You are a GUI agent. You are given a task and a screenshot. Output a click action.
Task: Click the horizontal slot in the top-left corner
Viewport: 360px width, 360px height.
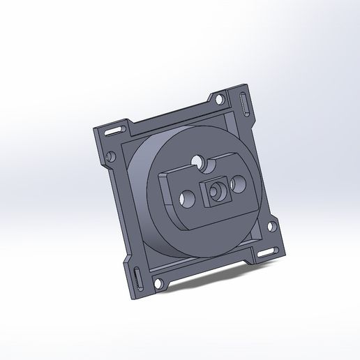[x=112, y=130]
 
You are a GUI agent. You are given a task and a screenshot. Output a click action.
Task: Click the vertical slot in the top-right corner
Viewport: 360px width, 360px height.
[x=243, y=105]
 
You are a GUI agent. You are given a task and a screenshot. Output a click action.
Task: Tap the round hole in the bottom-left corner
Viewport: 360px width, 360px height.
[x=158, y=283]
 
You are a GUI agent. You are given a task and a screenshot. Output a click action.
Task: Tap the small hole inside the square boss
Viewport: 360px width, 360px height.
[x=216, y=190]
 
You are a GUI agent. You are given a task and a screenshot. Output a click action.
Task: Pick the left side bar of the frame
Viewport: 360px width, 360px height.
[x=123, y=209]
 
